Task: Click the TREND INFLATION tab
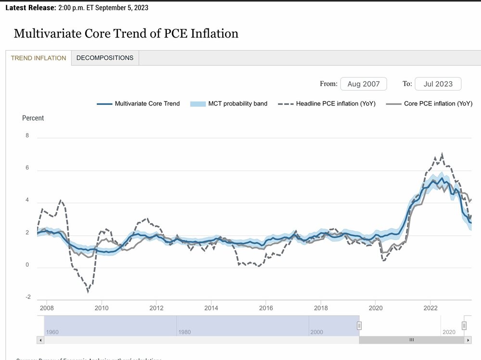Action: pyautogui.click(x=38, y=58)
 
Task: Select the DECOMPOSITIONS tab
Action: pyautogui.click(x=105, y=58)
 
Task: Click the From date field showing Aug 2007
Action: pyautogui.click(x=363, y=84)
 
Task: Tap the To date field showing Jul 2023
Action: pyautogui.click(x=438, y=84)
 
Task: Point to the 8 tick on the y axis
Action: pyautogui.click(x=27, y=136)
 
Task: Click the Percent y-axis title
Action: pyautogui.click(x=33, y=118)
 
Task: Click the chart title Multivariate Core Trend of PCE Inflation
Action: pyautogui.click(x=126, y=34)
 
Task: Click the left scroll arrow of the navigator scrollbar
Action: pyautogui.click(x=40, y=340)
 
